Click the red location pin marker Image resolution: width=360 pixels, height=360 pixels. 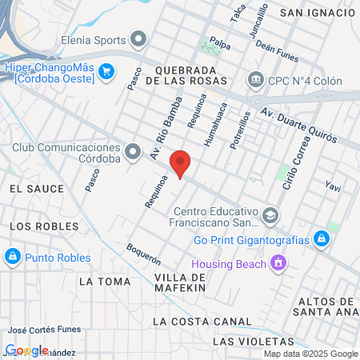181,163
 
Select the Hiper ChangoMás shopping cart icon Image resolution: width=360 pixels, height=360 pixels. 106,74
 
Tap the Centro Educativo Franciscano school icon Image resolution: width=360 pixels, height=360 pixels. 270,215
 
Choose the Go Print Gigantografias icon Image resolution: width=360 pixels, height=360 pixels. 321,239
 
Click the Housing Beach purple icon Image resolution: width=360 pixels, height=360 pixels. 278,262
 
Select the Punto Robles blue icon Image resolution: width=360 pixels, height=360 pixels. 12,258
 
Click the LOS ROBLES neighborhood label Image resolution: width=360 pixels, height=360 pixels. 36,226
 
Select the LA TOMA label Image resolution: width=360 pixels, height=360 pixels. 104,282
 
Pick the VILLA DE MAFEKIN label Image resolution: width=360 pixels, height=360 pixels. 167,282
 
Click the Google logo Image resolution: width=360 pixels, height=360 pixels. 26,350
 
